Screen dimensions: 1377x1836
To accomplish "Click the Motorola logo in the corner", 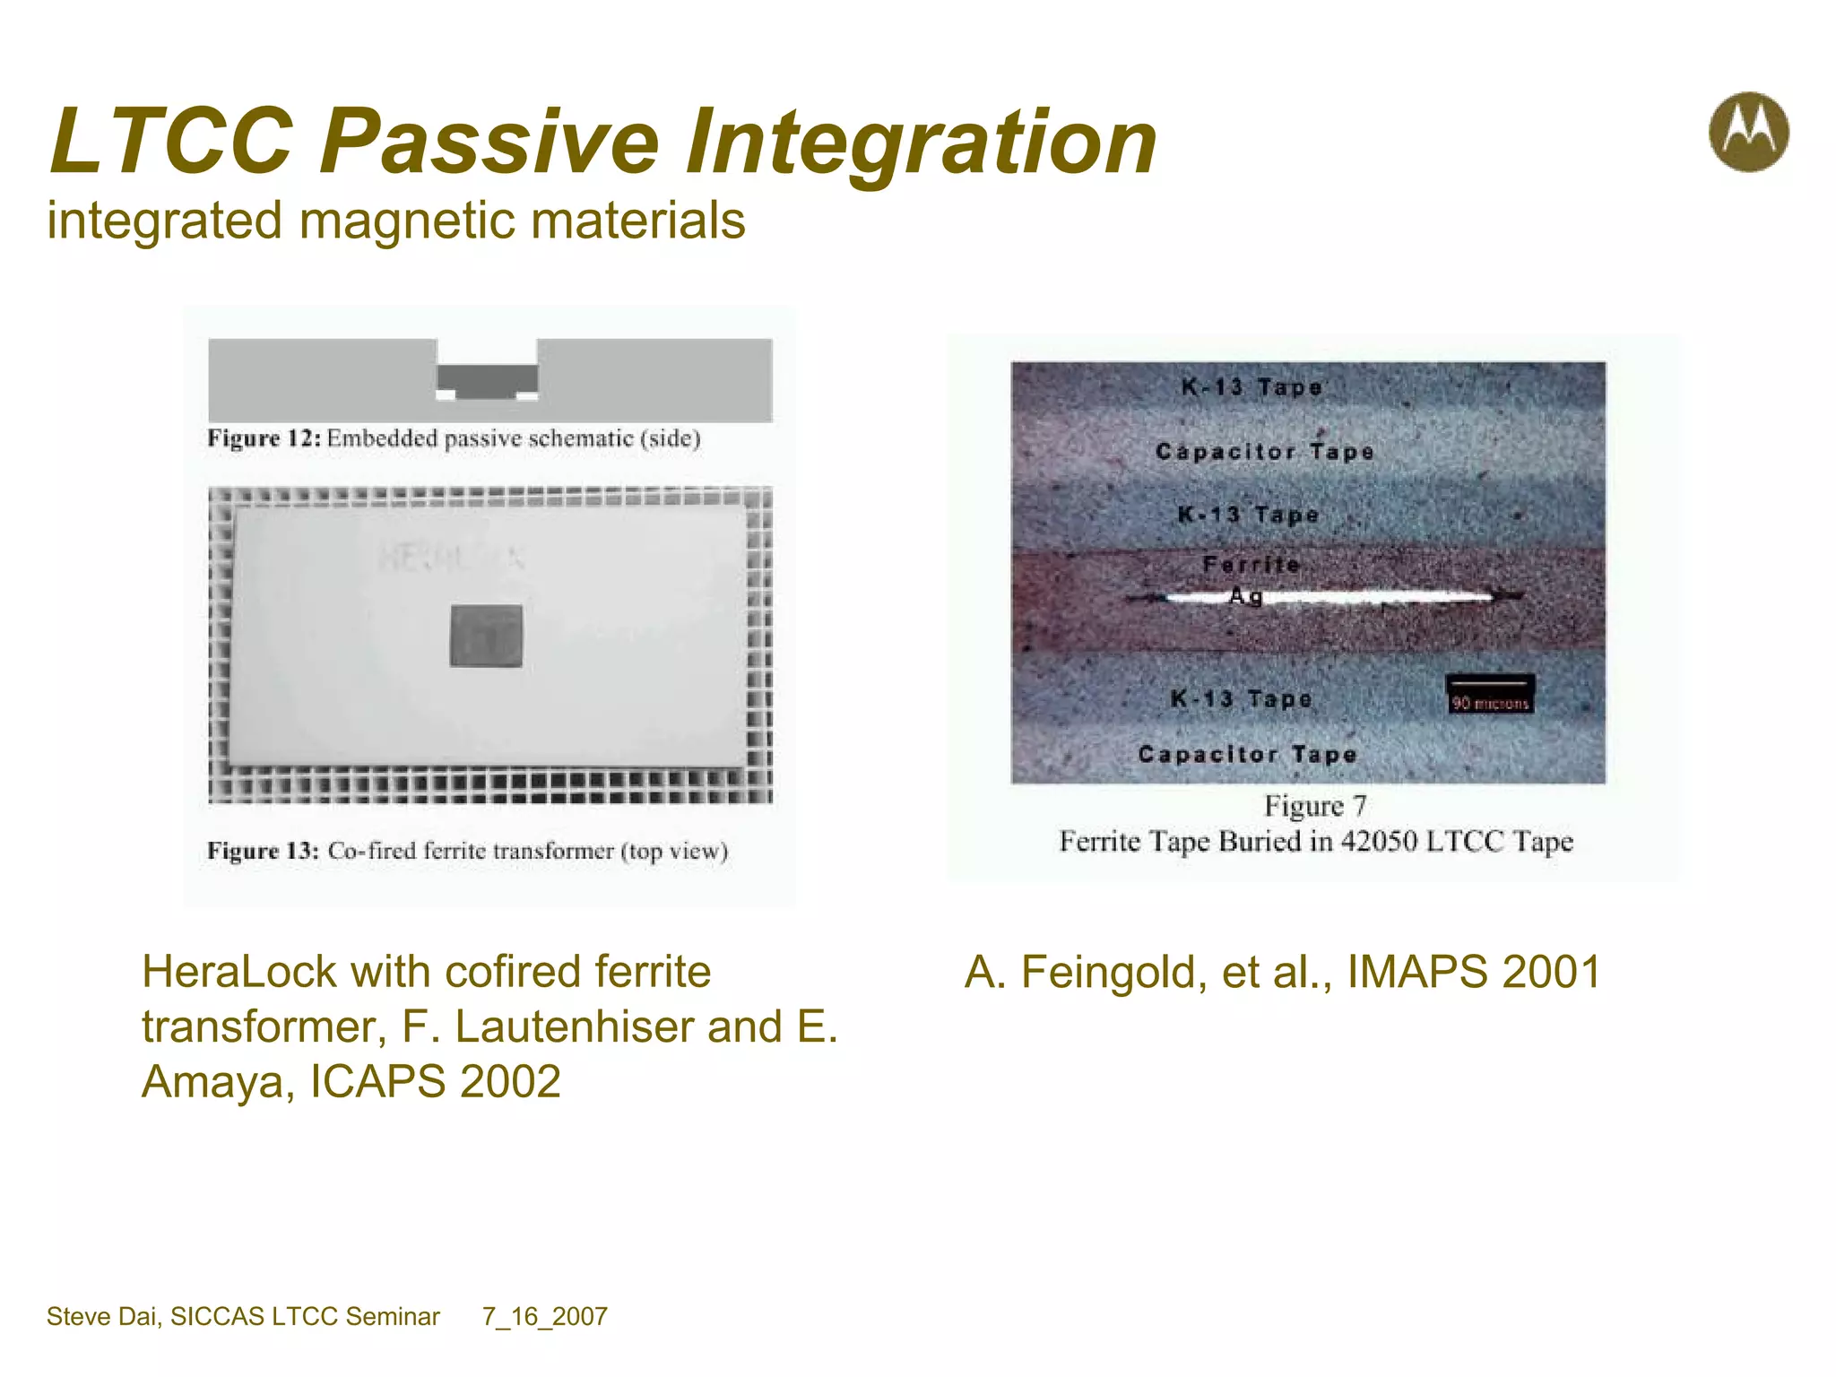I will coord(1748,132).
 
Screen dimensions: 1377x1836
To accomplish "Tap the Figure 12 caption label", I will coord(264,438).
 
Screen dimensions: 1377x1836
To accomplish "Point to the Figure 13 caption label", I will coord(263,851).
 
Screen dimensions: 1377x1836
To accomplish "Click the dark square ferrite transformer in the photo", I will coord(486,636).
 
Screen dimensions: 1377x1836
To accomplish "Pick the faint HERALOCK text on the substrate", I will coord(448,558).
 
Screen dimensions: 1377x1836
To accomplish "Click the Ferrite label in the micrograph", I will coord(1251,565).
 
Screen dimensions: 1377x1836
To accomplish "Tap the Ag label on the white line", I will coord(1246,595).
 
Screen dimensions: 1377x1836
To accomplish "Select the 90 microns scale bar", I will coord(1490,694).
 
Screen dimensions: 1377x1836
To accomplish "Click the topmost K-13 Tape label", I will coord(1251,387).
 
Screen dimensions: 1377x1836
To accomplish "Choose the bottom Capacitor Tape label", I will coord(1247,755).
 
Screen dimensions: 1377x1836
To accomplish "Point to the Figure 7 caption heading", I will coord(1315,806).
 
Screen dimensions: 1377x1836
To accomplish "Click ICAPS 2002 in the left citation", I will coord(436,1082).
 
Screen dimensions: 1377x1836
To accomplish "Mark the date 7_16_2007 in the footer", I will coord(545,1317).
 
